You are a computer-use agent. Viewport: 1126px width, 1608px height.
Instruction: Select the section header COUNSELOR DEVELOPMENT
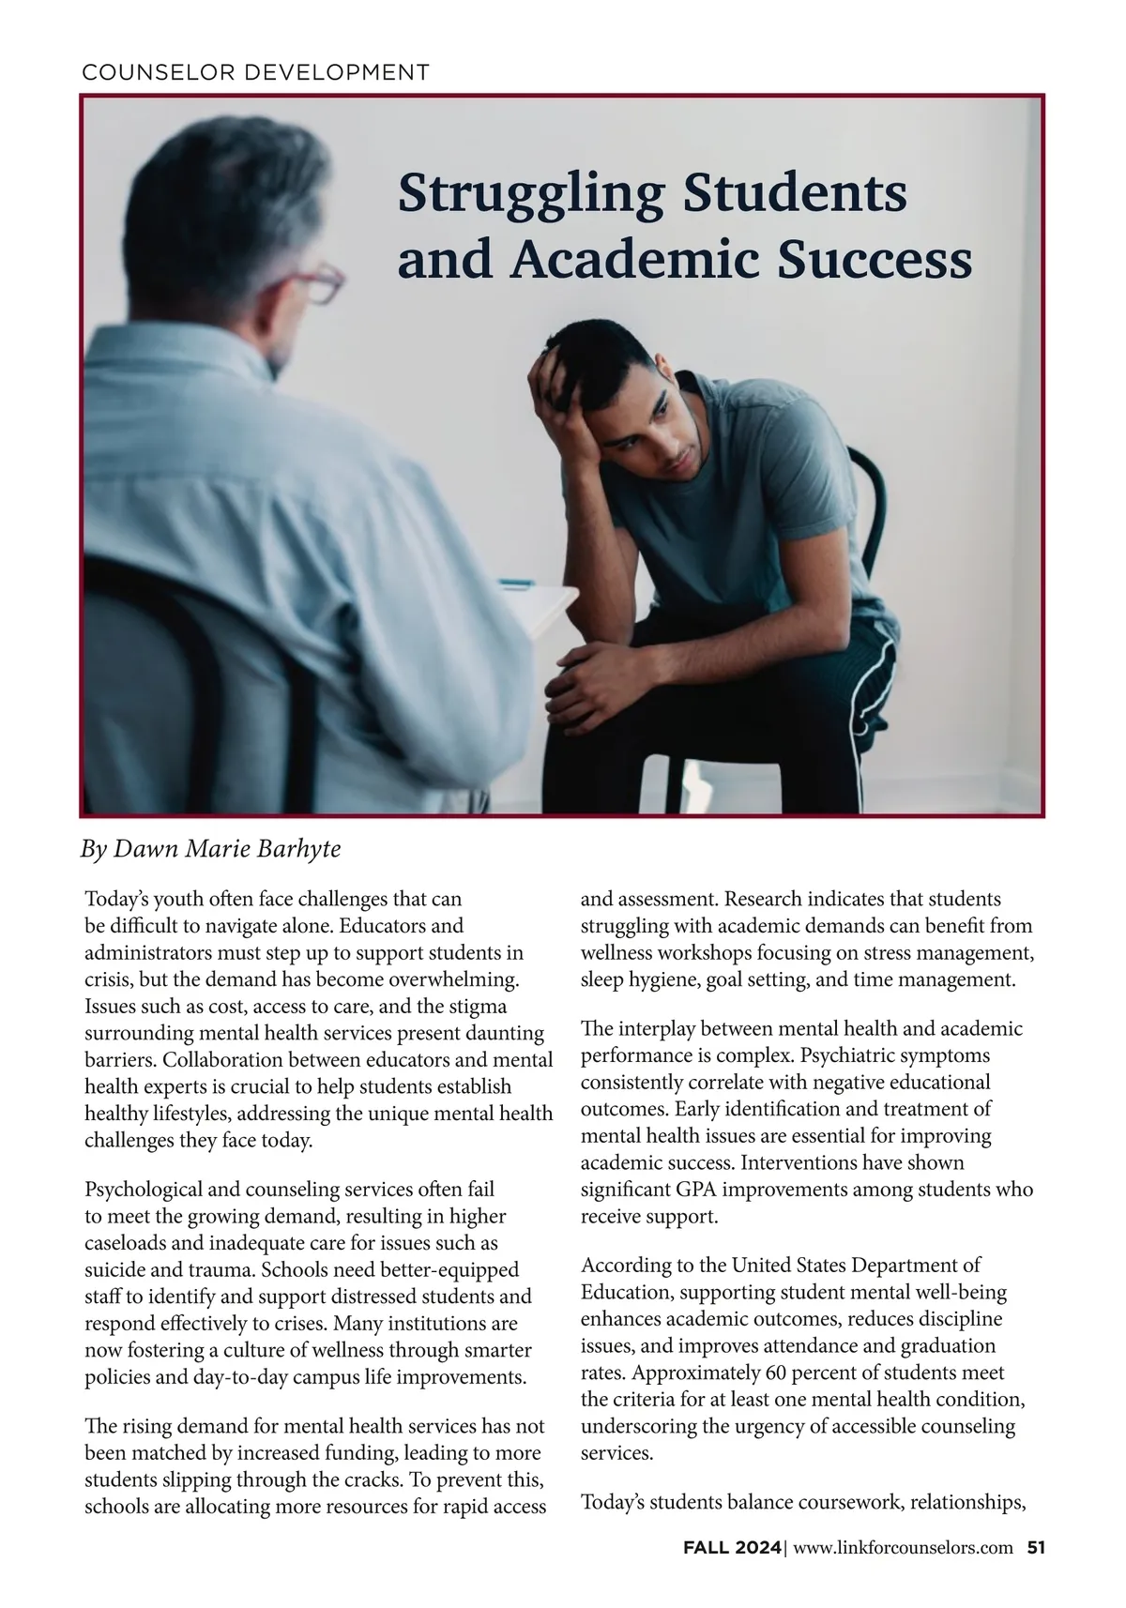click(x=256, y=72)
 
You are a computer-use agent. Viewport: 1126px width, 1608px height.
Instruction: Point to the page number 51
click(x=1036, y=1548)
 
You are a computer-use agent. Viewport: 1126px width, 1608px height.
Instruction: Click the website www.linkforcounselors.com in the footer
click(x=903, y=1548)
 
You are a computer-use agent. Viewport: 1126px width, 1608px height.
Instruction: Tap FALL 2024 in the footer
click(x=732, y=1548)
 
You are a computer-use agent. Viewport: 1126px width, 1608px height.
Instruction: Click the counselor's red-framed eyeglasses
click(x=317, y=281)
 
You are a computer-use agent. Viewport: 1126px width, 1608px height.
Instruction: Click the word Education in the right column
click(x=625, y=1293)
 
